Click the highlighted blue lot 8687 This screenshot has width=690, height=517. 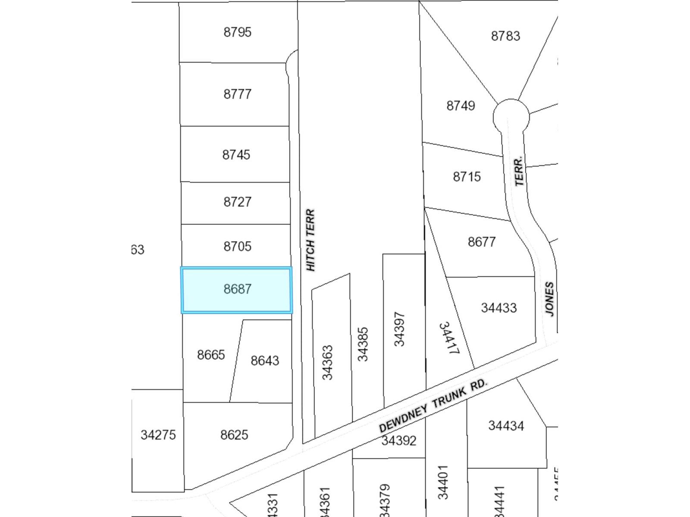[237, 290]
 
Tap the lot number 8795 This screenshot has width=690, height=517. [237, 32]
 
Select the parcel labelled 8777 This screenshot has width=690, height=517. [237, 94]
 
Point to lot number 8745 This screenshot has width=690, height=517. [236, 155]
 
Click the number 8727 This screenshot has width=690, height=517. [237, 202]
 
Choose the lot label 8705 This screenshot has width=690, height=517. [237, 246]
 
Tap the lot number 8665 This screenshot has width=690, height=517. [211, 355]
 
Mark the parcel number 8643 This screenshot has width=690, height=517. [265, 361]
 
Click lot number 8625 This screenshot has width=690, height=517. [234, 435]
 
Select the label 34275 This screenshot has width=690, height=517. [158, 435]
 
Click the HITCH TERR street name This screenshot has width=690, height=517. [310, 240]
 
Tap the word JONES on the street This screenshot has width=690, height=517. [549, 299]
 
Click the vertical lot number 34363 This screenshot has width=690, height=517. [328, 362]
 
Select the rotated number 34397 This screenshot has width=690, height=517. [399, 329]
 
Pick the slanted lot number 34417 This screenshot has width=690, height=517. [448, 338]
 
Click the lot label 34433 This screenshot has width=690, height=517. [499, 308]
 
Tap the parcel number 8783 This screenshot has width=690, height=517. [505, 36]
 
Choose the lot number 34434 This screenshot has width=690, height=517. [506, 426]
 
